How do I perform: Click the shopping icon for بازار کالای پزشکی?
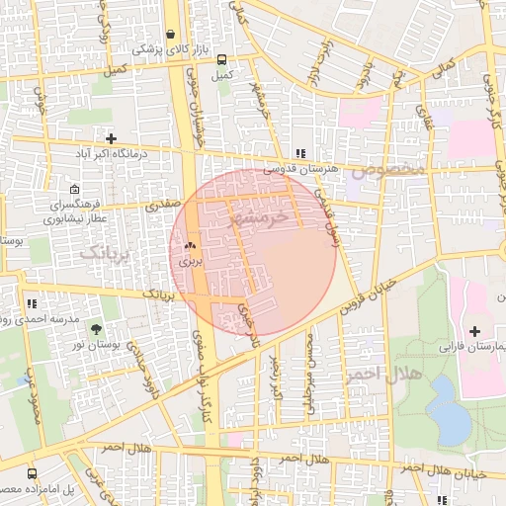171,33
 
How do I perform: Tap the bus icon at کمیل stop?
220,59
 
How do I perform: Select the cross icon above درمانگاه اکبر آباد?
111,138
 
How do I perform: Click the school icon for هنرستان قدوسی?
299,153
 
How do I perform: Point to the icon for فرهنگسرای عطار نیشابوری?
75,189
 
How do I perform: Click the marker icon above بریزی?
189,246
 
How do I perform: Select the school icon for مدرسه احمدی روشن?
33,304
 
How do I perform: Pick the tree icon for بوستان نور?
96,329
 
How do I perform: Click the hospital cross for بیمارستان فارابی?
474,330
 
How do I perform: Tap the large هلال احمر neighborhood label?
383,375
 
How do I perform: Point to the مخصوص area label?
393,169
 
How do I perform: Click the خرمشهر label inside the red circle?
259,217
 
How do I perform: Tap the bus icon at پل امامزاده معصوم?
33,474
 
